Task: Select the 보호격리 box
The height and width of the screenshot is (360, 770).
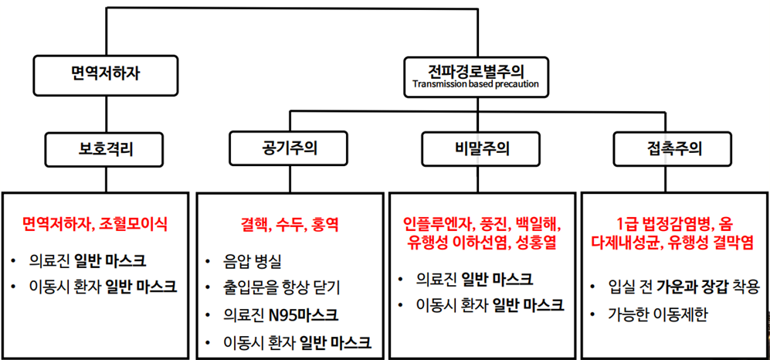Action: point(106,149)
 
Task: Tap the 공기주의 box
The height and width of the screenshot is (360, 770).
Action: point(288,148)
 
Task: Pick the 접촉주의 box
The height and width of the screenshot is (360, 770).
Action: point(672,148)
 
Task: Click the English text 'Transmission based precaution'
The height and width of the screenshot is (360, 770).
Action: point(476,83)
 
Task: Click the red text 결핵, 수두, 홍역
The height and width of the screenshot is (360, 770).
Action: point(290,225)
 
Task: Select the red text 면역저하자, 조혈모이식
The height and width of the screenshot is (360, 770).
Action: point(95,225)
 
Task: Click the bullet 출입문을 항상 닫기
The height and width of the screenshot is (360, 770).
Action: point(281,288)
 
